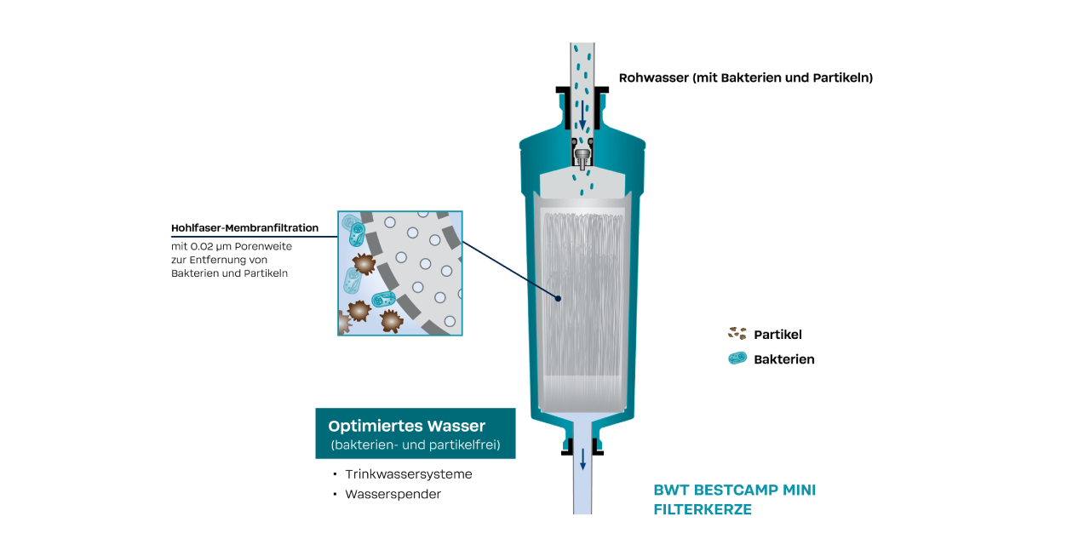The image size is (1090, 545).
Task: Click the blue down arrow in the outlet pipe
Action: click(x=582, y=459)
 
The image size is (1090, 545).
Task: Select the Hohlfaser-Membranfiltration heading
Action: click(x=245, y=228)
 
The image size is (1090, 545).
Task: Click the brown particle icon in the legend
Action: click(x=737, y=334)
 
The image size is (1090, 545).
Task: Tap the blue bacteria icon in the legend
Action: click(x=737, y=359)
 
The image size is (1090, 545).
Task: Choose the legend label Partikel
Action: click(x=777, y=335)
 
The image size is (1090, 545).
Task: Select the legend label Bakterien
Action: click(x=784, y=359)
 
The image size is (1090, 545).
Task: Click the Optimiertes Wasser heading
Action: click(x=407, y=426)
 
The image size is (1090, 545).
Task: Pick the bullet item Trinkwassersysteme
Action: click(x=409, y=474)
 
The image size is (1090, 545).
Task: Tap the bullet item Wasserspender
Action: click(x=393, y=494)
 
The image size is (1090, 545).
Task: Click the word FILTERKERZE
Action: click(x=703, y=509)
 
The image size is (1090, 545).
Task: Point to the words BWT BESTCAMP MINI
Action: click(x=734, y=490)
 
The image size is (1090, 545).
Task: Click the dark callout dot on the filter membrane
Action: click(x=558, y=298)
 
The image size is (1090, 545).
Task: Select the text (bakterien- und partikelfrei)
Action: click(x=415, y=445)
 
